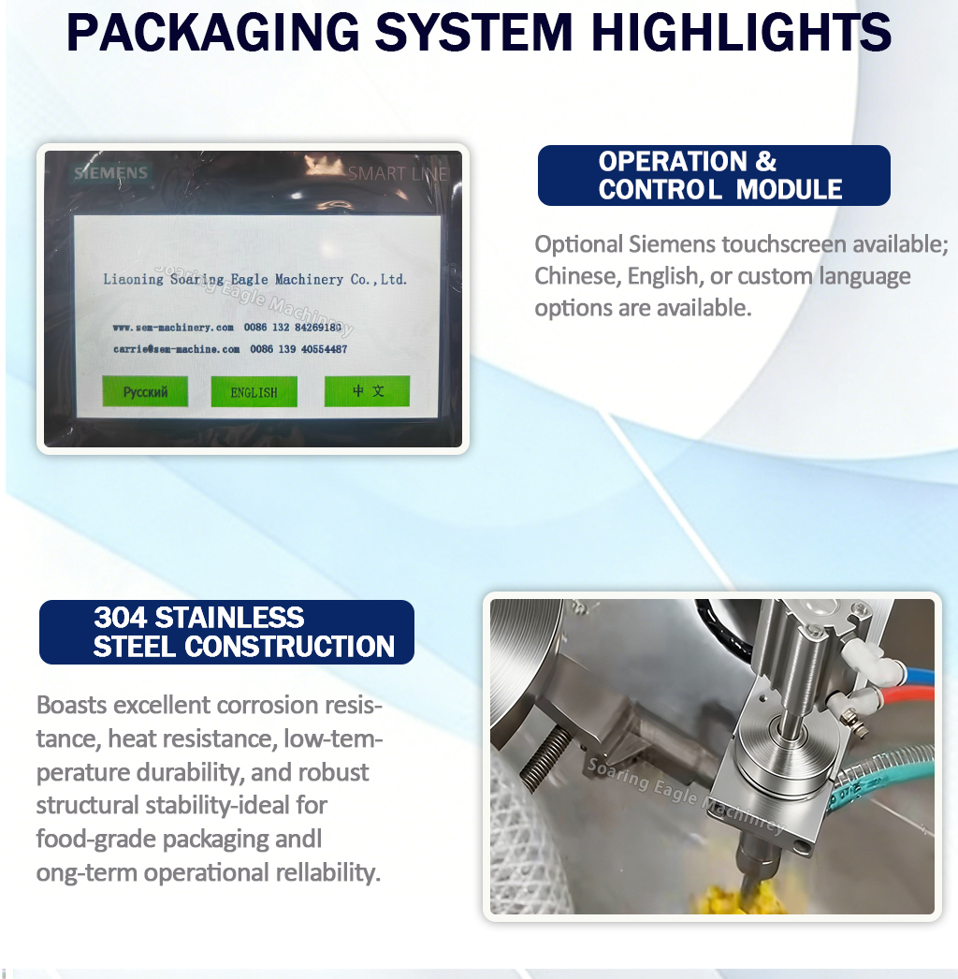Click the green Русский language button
click(145, 392)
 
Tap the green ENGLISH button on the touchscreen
click(254, 392)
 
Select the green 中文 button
click(367, 391)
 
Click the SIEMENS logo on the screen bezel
click(111, 173)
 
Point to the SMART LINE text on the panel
click(398, 173)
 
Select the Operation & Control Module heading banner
click(714, 175)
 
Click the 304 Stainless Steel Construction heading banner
click(226, 632)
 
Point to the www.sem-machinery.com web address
click(172, 328)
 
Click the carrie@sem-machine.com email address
click(177, 349)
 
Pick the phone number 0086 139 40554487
click(298, 349)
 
